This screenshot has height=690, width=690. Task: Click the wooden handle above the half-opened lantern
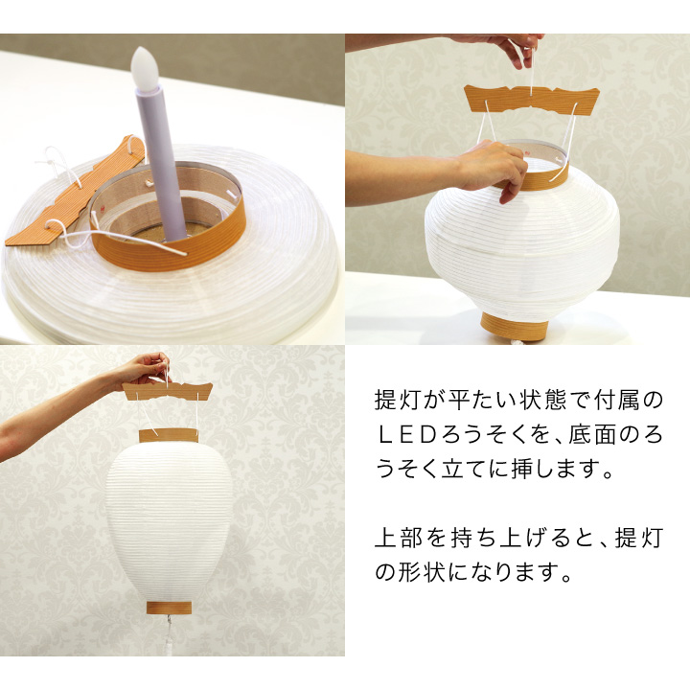coord(531,99)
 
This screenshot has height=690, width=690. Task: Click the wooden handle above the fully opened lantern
coord(168,390)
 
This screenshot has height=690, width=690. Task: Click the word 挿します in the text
coord(543,471)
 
